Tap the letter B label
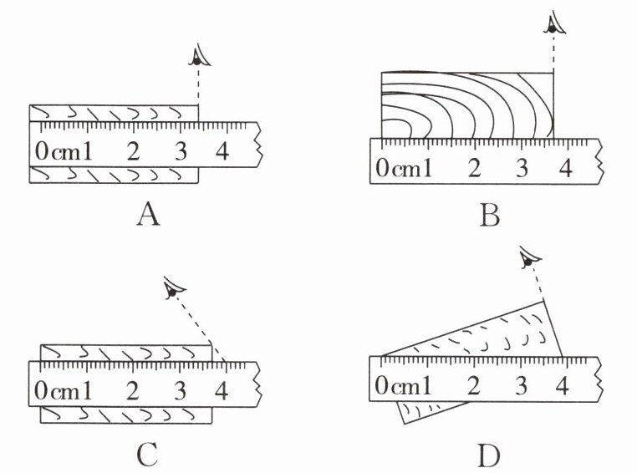click(x=490, y=216)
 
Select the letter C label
click(x=147, y=455)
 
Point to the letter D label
click(x=490, y=456)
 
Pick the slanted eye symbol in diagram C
click(x=172, y=290)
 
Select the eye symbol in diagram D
click(x=527, y=262)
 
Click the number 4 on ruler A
click(x=221, y=152)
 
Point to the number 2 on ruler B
click(x=475, y=168)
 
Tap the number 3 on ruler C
click(x=179, y=389)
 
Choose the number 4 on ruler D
click(x=562, y=386)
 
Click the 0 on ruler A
click(x=41, y=152)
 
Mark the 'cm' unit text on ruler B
click(x=408, y=169)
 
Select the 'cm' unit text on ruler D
click(x=407, y=387)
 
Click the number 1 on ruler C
click(x=86, y=389)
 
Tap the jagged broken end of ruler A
click(x=259, y=145)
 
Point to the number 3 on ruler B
click(x=522, y=168)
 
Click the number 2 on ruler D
click(x=474, y=386)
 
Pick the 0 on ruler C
click(x=41, y=389)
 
